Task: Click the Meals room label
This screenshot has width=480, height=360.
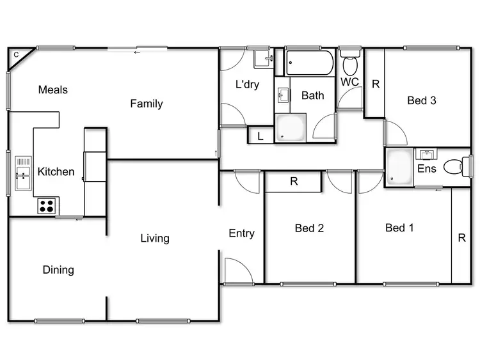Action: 52,90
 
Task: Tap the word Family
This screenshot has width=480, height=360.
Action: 147,104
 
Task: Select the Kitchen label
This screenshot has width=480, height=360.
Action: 56,171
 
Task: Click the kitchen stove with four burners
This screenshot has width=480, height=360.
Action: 47,206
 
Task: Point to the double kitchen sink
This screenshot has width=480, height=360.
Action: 23,173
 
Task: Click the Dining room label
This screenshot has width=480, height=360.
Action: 58,270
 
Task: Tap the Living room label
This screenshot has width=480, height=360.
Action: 155,239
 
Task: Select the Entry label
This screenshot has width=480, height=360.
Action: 241,233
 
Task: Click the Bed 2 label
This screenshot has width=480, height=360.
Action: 309,228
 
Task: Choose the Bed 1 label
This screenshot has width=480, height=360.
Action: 399,228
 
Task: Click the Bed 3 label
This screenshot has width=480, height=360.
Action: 422,100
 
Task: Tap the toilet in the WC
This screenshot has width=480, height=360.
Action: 350,65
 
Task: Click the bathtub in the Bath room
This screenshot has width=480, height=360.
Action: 310,63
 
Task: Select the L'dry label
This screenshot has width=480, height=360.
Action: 247,84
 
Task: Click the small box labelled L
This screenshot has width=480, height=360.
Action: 260,136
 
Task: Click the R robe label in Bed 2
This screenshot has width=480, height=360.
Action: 294,181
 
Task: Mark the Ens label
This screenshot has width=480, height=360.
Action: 427,169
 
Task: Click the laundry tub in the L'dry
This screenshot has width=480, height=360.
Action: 264,60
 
